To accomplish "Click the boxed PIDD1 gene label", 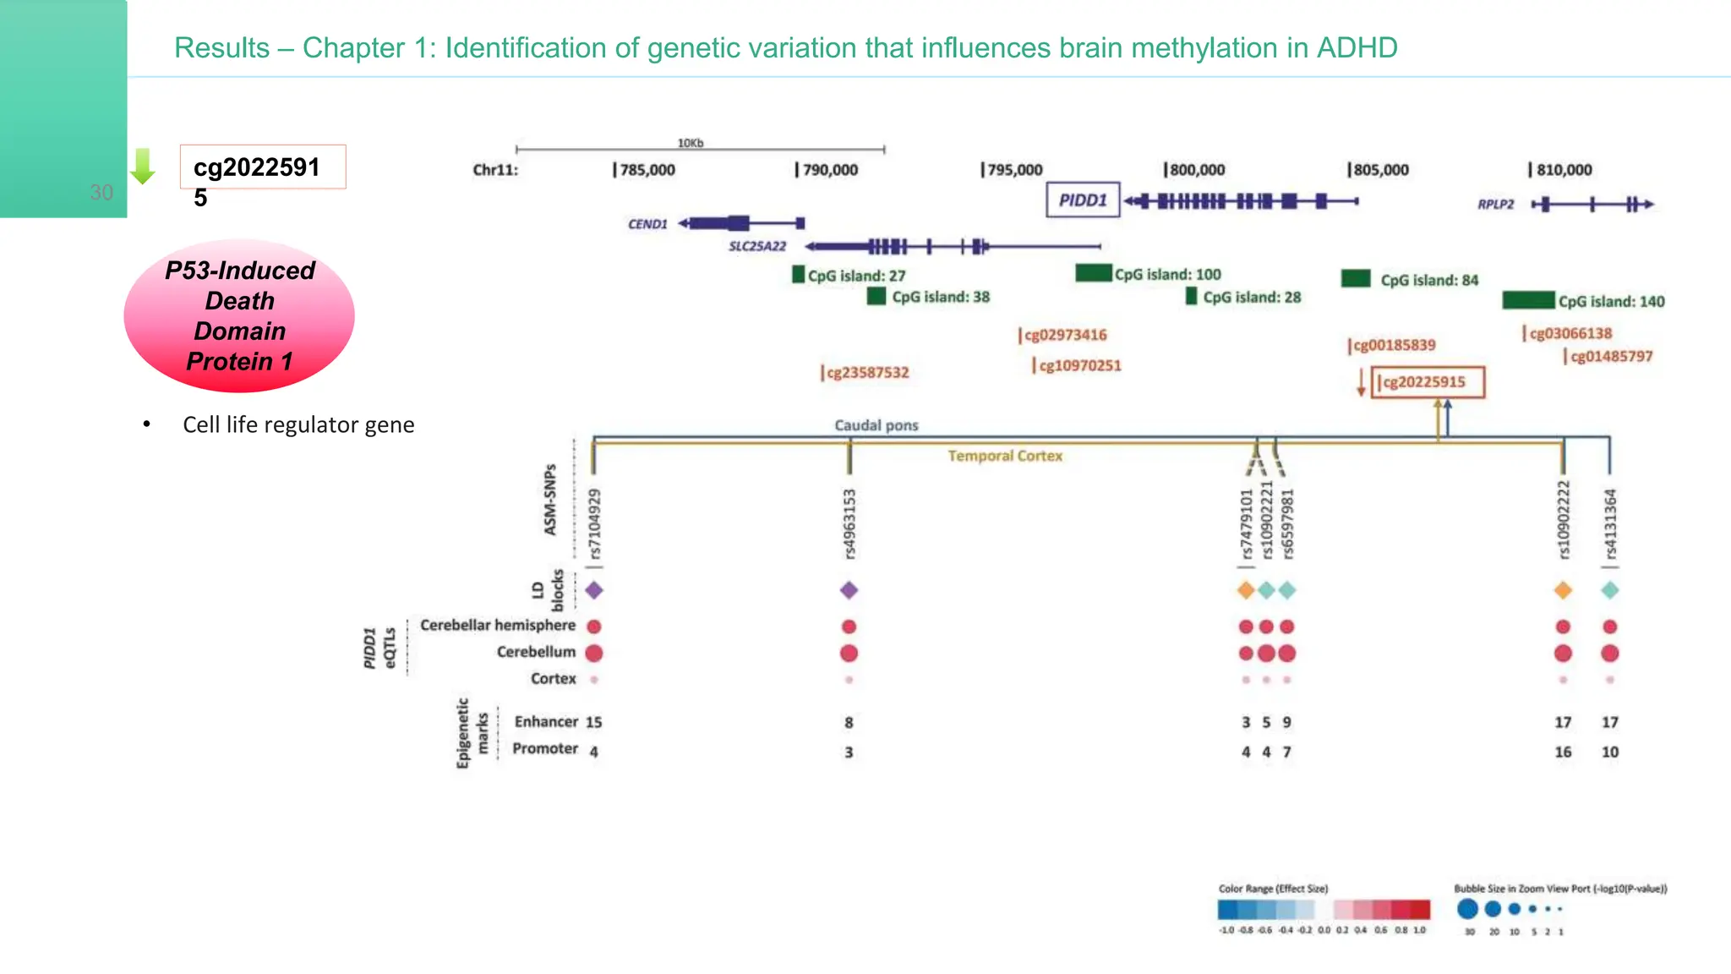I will pos(1083,200).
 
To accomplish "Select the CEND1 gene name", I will pos(647,224).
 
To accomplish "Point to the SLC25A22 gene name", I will pos(757,246).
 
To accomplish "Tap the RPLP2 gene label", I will pos(1495,204).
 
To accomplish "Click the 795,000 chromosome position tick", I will pos(1012,170).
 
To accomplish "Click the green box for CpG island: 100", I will pos(1093,273).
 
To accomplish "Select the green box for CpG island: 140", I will pos(1528,300).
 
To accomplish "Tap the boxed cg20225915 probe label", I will pos(1427,382).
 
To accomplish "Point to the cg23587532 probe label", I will pos(865,373).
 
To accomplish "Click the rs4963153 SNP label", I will pos(849,524).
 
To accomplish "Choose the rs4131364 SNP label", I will pos(1610,524).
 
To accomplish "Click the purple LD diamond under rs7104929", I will pos(594,590).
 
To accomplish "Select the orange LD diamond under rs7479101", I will pos(1246,590).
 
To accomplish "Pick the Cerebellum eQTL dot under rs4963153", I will pos(849,653).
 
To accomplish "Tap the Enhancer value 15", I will pos(594,722).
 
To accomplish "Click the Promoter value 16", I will pos(1563,752).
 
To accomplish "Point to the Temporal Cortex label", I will pos(1005,456).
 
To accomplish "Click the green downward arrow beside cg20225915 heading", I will pos(143,167).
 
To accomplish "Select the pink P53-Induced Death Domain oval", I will pos(239,315).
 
